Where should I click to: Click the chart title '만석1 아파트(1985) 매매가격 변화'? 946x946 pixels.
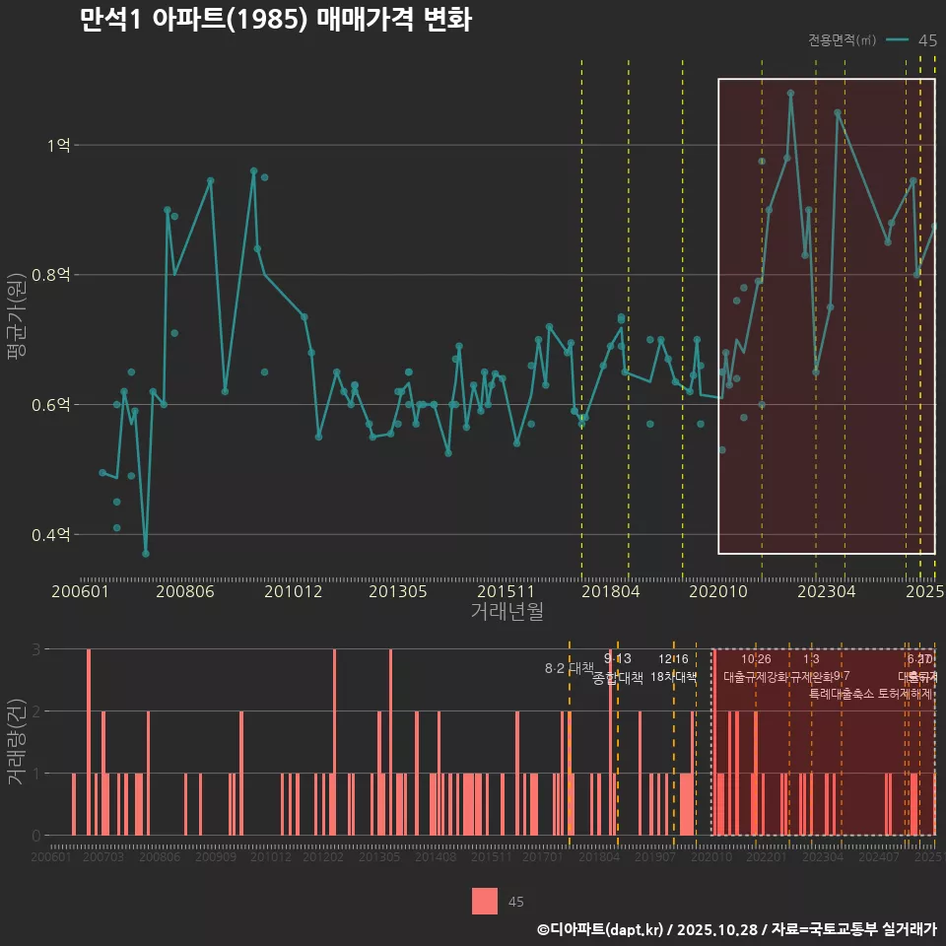click(x=276, y=22)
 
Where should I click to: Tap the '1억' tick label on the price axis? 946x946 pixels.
click(x=58, y=145)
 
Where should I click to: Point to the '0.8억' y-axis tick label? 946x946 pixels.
click(x=52, y=275)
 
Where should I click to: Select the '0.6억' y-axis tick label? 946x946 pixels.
click(x=52, y=404)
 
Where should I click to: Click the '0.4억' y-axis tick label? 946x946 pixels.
click(x=52, y=534)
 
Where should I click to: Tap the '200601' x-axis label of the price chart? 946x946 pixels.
click(x=80, y=591)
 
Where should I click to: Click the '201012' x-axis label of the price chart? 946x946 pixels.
click(x=293, y=591)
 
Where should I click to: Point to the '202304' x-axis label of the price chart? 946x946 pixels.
click(x=825, y=591)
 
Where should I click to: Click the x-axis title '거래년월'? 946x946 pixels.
click(x=507, y=612)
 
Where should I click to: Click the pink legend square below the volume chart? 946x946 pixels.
click(x=485, y=901)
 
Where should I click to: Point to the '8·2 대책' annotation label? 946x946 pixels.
click(x=569, y=667)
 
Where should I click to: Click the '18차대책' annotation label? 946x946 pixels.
click(x=674, y=677)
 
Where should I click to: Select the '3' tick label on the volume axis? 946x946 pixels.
click(x=35, y=649)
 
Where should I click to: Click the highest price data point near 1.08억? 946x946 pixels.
click(x=790, y=94)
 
